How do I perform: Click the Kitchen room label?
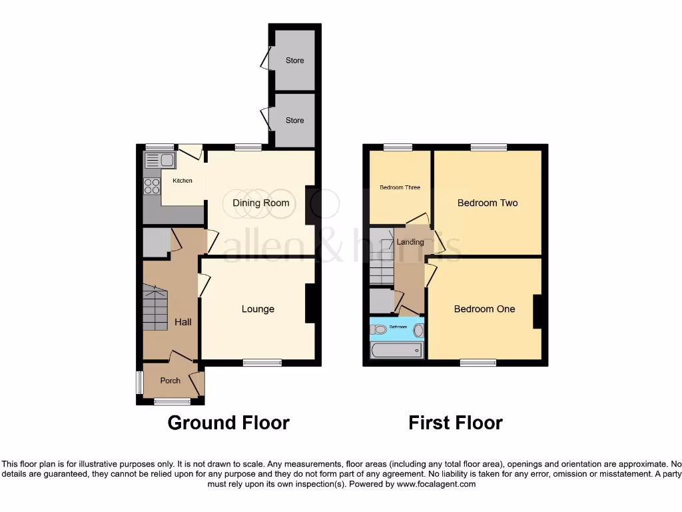pyautogui.click(x=182, y=181)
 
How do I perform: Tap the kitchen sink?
pyautogui.click(x=159, y=160)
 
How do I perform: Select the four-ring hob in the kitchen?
pyautogui.click(x=152, y=185)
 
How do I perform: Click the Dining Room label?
pyautogui.click(x=261, y=203)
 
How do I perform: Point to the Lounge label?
pyautogui.click(x=258, y=309)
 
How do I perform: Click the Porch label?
pyautogui.click(x=170, y=381)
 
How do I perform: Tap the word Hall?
pyautogui.click(x=183, y=322)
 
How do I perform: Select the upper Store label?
pyautogui.click(x=294, y=60)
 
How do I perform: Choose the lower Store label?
pyautogui.click(x=294, y=120)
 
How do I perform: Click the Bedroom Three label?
pyautogui.click(x=400, y=187)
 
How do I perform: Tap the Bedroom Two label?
pyautogui.click(x=488, y=203)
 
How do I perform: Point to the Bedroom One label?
pyautogui.click(x=484, y=309)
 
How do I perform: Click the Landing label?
pyautogui.click(x=410, y=242)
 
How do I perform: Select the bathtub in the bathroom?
pyautogui.click(x=397, y=351)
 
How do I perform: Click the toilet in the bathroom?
pyautogui.click(x=379, y=329)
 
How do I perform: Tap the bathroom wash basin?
pyautogui.click(x=418, y=329)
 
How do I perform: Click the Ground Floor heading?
pyautogui.click(x=228, y=423)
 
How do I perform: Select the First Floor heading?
pyautogui.click(x=456, y=423)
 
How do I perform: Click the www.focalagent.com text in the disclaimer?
pyautogui.click(x=436, y=484)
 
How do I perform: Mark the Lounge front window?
pyautogui.click(x=262, y=363)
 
